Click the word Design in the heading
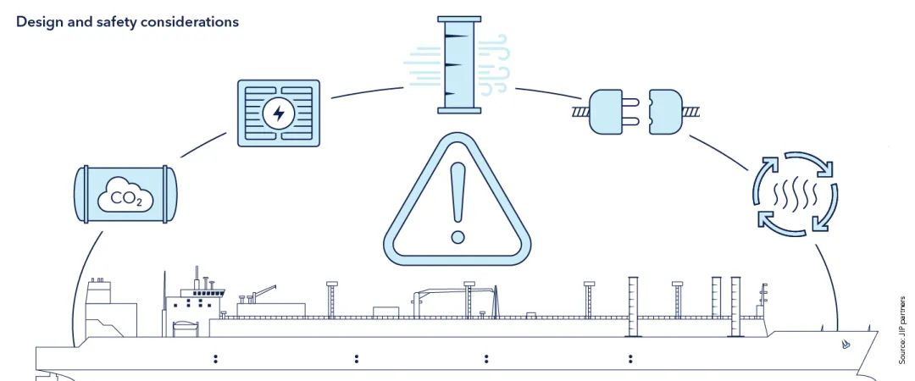[x=37, y=22]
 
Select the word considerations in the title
[x=186, y=22]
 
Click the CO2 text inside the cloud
[x=125, y=199]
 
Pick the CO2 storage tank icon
[x=125, y=194]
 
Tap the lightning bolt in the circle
[x=279, y=113]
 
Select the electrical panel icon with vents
[x=279, y=113]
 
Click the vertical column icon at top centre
[x=459, y=64]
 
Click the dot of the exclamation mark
[x=458, y=237]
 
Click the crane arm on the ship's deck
[x=263, y=291]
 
